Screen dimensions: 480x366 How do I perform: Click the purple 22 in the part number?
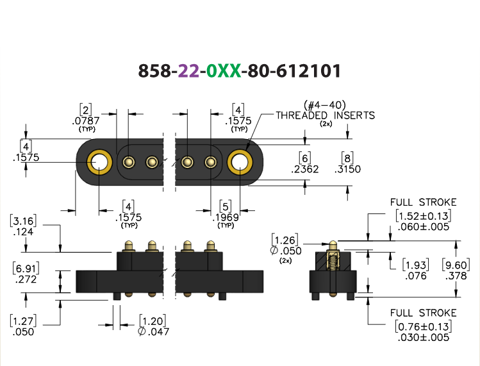coord(188,71)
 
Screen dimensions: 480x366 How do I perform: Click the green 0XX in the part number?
coord(224,71)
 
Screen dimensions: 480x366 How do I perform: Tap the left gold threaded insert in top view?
coord(99,162)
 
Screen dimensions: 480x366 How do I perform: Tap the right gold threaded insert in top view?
coord(240,162)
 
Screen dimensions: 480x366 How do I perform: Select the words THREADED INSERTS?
coord(326,115)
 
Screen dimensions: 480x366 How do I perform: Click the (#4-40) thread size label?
coord(325,105)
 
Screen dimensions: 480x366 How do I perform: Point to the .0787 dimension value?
coord(86,121)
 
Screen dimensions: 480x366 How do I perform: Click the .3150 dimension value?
coord(347,169)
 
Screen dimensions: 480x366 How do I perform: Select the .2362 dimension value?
coord(305,169)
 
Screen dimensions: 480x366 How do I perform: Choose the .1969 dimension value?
coord(226,217)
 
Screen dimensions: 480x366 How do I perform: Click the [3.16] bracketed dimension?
coord(23,221)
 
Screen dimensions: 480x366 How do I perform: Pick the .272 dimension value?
coord(26,279)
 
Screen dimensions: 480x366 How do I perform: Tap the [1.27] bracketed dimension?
coord(23,321)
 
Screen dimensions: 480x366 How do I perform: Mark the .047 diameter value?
coord(154,331)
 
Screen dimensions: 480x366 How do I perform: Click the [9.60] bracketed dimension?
coord(456,265)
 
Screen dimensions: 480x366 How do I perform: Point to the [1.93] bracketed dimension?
coord(416,265)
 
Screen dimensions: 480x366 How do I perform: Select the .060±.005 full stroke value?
coord(424,227)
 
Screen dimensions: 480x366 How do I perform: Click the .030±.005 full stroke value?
coord(424,338)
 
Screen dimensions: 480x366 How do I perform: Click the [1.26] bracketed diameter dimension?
coord(285,240)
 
